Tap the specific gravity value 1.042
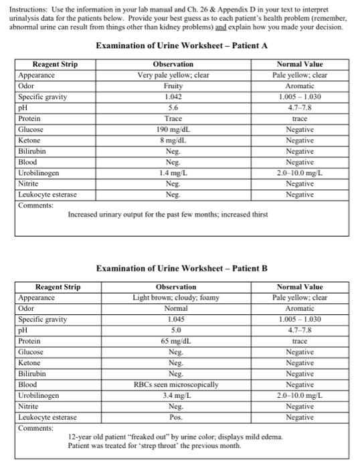point(173,96)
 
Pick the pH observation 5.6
point(173,107)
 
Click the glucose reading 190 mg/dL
point(173,128)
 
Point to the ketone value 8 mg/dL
point(173,139)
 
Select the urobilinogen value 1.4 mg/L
point(173,172)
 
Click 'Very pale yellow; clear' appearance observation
point(173,75)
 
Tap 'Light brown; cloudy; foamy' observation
point(173,298)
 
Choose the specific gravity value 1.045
point(173,319)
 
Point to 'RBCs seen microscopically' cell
point(173,384)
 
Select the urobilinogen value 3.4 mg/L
point(173,395)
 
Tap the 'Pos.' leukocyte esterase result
point(173,417)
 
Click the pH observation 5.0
point(173,330)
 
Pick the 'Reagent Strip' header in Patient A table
point(55,64)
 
